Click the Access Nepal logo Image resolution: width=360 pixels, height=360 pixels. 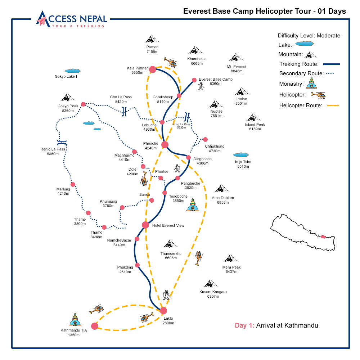(71, 19)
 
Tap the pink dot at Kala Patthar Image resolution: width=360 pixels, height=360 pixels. (153, 69)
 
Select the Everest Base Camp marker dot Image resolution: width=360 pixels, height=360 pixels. (194, 80)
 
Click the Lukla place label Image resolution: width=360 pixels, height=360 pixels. (168, 318)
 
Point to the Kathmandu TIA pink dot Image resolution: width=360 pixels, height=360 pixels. (95, 326)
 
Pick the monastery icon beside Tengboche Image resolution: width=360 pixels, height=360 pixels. (193, 204)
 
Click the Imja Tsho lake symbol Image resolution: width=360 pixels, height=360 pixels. (241, 155)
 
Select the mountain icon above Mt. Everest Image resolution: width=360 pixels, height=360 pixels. (237, 58)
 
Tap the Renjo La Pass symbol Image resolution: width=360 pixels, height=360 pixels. (62, 141)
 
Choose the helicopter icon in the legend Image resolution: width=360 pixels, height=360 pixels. (318, 95)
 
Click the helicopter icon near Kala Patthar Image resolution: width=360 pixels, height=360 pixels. (171, 62)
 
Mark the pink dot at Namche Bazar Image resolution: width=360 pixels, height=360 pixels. (137, 239)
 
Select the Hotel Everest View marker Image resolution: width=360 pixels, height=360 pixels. (145, 225)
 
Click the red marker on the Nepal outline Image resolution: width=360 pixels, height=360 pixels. (323, 237)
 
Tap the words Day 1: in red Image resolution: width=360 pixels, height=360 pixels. (244, 325)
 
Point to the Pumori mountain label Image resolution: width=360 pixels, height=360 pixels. (152, 47)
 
